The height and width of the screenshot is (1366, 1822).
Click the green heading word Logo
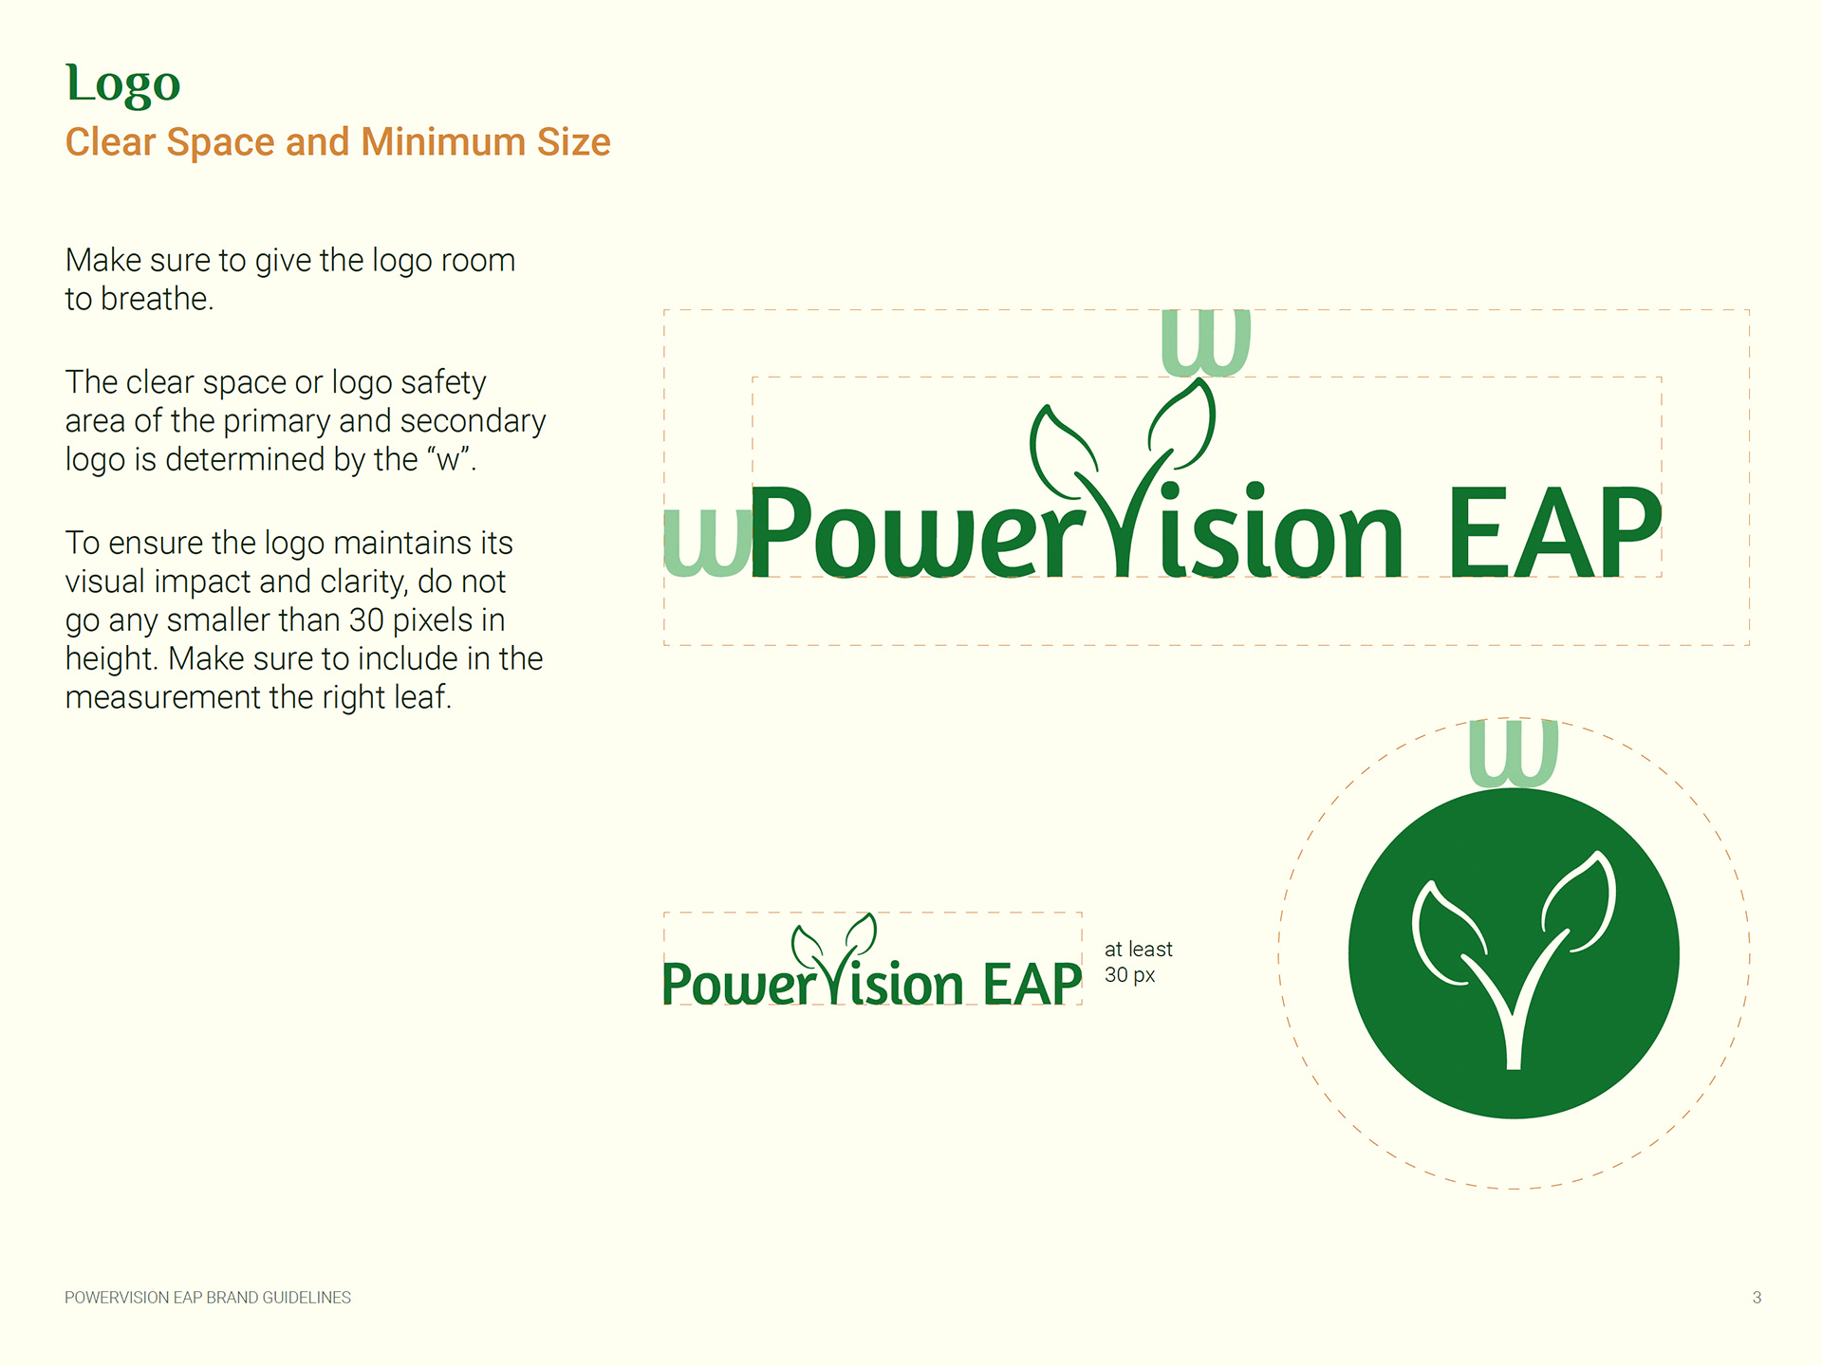pyautogui.click(x=122, y=83)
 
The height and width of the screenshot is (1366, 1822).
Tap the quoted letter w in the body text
pyautogui.click(x=449, y=460)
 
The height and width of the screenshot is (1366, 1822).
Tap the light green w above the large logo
pyautogui.click(x=1206, y=343)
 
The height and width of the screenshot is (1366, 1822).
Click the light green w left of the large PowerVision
pyautogui.click(x=707, y=543)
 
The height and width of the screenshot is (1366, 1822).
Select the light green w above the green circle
pyautogui.click(x=1514, y=753)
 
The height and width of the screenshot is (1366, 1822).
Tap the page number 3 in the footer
pyautogui.click(x=1757, y=1298)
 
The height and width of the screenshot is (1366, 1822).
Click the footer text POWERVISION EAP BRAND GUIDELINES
pyautogui.click(x=208, y=1298)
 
